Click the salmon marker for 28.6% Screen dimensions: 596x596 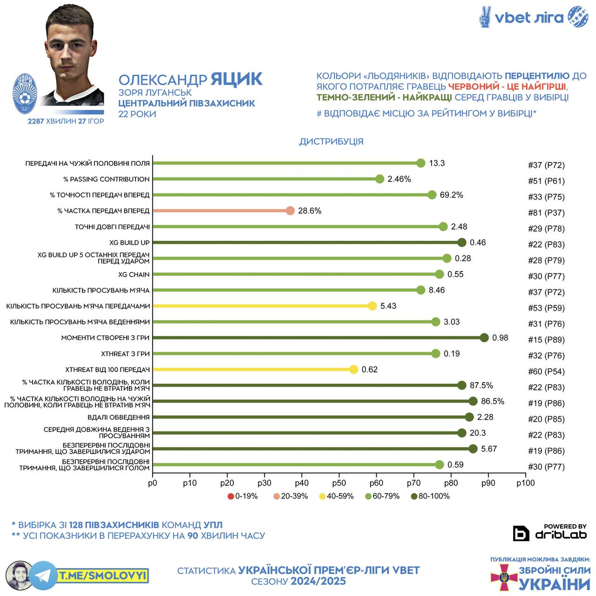click(x=290, y=211)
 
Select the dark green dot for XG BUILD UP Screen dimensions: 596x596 click(x=462, y=243)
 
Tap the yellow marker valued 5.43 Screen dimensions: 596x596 click(x=372, y=306)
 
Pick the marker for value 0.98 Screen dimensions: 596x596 click(x=484, y=338)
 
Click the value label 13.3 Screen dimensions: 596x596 click(x=437, y=163)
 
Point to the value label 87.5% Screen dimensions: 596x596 click(x=481, y=386)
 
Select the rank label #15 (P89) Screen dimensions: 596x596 click(x=546, y=340)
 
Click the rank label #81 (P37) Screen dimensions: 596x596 click(x=546, y=213)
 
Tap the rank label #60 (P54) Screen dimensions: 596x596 click(x=546, y=372)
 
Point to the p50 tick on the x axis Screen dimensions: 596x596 click(x=339, y=483)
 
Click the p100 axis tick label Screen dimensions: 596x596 click(x=525, y=483)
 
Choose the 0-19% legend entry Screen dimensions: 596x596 click(x=243, y=496)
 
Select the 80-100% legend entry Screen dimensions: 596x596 click(x=430, y=496)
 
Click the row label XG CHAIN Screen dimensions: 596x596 click(x=133, y=275)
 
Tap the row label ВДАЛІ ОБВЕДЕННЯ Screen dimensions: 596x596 click(x=119, y=417)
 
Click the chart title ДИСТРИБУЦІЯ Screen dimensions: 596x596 click(x=331, y=142)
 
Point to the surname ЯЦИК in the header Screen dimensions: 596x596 click(x=237, y=79)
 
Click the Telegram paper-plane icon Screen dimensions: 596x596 click(x=43, y=576)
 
